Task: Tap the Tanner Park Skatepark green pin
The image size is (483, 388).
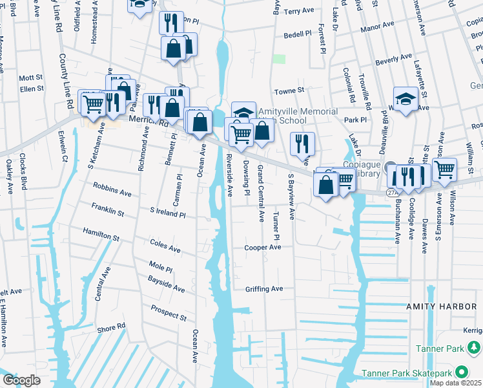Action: (462, 372)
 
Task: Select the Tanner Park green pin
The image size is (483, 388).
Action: (475, 349)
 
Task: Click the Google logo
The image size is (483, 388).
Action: (21, 380)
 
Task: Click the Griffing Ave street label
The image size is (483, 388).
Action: (264, 289)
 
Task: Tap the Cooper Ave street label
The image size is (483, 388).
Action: (263, 248)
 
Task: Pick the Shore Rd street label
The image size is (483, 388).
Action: (111, 328)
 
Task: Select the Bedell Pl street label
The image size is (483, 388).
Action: (298, 34)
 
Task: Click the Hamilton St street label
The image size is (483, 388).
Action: (101, 233)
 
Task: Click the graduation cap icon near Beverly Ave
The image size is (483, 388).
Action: (406, 99)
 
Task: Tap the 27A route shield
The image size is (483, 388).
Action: (391, 192)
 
